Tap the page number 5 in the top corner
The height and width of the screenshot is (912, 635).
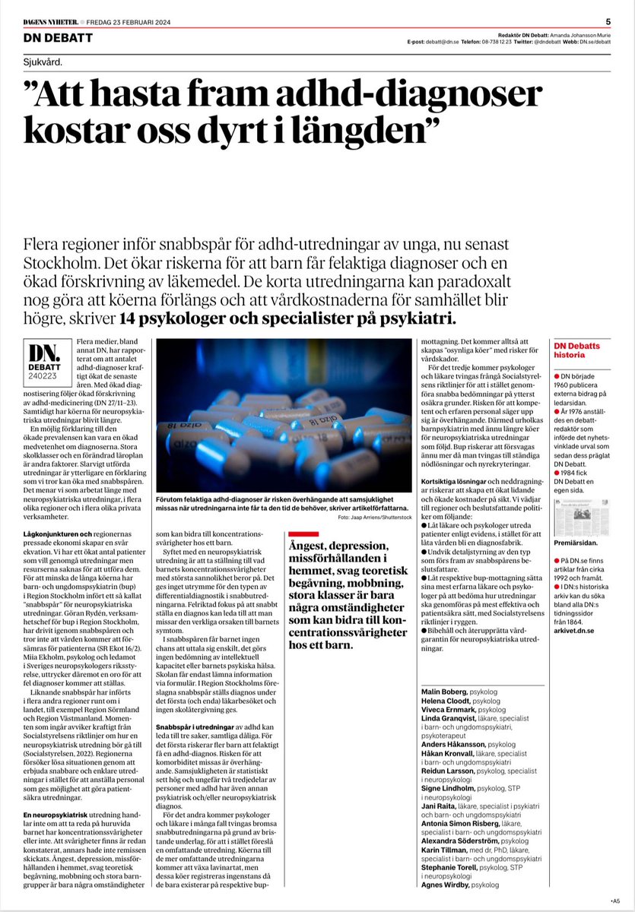click(608, 21)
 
